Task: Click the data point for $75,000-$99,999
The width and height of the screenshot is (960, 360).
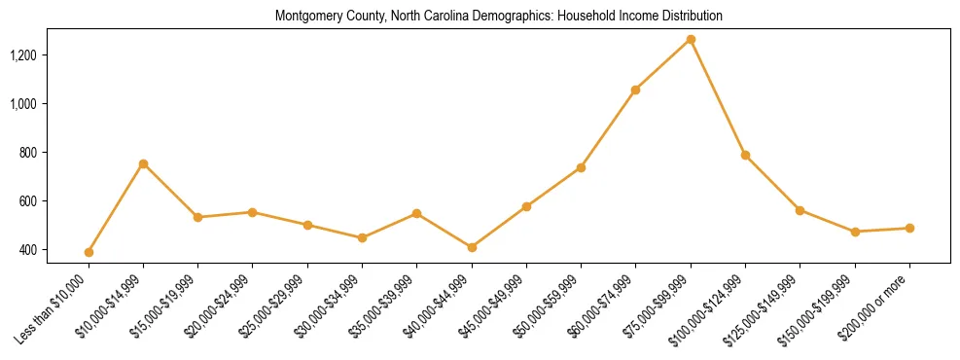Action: point(691,39)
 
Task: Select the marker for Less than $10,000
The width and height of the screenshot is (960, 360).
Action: point(89,252)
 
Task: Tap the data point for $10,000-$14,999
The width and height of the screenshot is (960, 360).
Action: point(143,163)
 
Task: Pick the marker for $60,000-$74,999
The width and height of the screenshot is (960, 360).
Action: point(635,90)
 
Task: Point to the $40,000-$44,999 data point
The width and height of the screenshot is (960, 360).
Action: point(472,247)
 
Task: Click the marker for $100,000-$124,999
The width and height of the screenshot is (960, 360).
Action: point(745,155)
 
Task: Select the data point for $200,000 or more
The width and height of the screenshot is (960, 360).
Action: point(909,228)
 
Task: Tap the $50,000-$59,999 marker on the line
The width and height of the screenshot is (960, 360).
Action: point(581,167)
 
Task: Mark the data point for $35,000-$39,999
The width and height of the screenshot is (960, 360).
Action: point(416,213)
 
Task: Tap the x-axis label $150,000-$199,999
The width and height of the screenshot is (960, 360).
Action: point(819,307)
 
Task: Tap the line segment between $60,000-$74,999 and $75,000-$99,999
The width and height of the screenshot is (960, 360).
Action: point(663,64)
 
